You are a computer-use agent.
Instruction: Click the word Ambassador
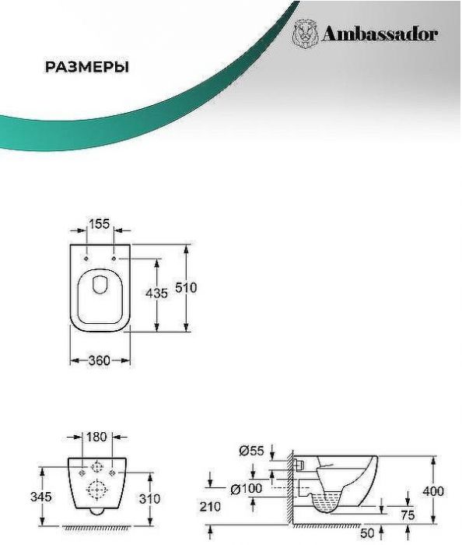pyautogui.click(x=380, y=34)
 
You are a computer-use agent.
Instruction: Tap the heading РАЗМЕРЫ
pyautogui.click(x=87, y=67)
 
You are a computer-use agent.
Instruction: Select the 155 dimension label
pyautogui.click(x=100, y=224)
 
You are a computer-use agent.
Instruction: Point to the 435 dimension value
pyautogui.click(x=156, y=294)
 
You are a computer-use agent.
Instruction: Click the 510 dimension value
pyautogui.click(x=186, y=288)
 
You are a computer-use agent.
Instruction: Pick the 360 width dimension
pyautogui.click(x=100, y=360)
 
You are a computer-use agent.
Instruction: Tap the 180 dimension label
pyautogui.click(x=96, y=437)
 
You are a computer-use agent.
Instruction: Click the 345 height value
pyautogui.click(x=41, y=497)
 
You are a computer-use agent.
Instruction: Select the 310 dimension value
pyautogui.click(x=149, y=499)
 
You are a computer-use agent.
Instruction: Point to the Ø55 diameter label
pyautogui.click(x=252, y=451)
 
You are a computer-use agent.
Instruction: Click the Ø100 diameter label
pyautogui.click(x=247, y=489)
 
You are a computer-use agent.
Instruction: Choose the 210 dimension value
pyautogui.click(x=210, y=507)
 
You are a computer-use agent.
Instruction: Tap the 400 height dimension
pyautogui.click(x=433, y=491)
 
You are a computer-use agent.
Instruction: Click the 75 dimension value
pyautogui.click(x=408, y=515)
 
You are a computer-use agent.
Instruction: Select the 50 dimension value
pyautogui.click(x=367, y=533)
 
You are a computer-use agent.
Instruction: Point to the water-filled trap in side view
pyautogui.click(x=327, y=503)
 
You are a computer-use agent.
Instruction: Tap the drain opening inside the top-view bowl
pyautogui.click(x=100, y=285)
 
